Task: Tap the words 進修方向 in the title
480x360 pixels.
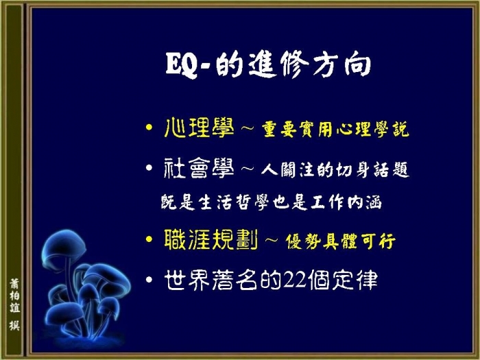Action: click(x=309, y=64)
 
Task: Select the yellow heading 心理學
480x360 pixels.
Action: click(x=199, y=128)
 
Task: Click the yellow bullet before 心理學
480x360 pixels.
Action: click(x=149, y=127)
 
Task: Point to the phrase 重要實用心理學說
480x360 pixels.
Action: click(x=335, y=130)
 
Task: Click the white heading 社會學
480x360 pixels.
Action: click(x=199, y=168)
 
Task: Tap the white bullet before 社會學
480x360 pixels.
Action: click(x=149, y=168)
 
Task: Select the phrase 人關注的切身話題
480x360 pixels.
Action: click(x=335, y=170)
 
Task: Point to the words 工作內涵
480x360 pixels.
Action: click(x=346, y=202)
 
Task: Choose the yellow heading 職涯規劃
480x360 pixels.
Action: click(x=211, y=240)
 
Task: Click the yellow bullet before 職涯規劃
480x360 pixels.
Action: click(x=149, y=239)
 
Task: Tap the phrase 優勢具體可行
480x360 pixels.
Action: click(x=340, y=242)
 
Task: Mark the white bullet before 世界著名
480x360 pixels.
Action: click(x=149, y=280)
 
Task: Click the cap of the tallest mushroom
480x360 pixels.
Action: click(x=64, y=245)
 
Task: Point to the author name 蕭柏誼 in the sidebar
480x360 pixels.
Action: click(x=14, y=296)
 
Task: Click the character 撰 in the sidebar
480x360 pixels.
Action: click(x=14, y=326)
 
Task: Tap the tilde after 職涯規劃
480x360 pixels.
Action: click(x=272, y=240)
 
